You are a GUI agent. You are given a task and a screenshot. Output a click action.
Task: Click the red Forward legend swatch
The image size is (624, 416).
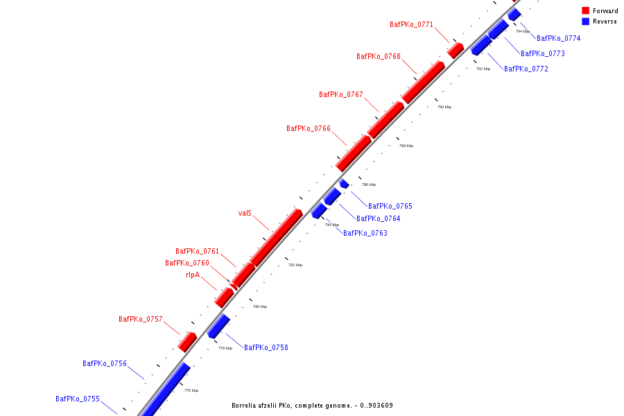pos(585,11)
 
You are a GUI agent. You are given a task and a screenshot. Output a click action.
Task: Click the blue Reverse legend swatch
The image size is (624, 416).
pos(585,21)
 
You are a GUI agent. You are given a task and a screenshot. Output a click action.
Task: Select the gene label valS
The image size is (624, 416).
pos(245,214)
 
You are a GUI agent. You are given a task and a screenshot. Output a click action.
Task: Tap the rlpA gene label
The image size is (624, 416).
pos(192,275)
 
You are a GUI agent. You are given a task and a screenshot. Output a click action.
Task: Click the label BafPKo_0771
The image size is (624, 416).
pos(411,25)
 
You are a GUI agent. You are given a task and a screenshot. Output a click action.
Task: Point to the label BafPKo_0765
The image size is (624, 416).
pos(390,207)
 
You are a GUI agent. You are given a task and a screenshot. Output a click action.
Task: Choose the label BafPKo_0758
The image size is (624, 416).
pos(266,348)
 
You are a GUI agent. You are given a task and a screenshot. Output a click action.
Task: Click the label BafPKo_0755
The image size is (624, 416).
pos(78,399)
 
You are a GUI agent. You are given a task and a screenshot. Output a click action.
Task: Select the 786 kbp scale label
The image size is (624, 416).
pos(369,185)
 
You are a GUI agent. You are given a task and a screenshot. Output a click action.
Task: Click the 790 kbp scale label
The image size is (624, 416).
pos(444,107)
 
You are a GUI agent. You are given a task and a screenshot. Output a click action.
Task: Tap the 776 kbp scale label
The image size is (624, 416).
pos(191,391)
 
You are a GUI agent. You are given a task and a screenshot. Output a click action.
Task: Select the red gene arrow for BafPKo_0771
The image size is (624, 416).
pos(456,51)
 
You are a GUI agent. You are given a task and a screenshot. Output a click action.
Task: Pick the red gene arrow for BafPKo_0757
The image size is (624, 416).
pos(187,341)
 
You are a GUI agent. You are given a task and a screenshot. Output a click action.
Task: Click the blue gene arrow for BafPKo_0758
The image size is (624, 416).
pos(219,326)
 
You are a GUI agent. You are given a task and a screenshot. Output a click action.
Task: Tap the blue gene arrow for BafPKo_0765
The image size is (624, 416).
pos(344,184)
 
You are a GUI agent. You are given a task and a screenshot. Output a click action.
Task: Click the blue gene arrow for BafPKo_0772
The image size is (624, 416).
pos(480,46)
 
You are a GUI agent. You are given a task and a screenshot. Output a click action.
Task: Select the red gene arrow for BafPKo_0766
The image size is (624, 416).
pos(354,153)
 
